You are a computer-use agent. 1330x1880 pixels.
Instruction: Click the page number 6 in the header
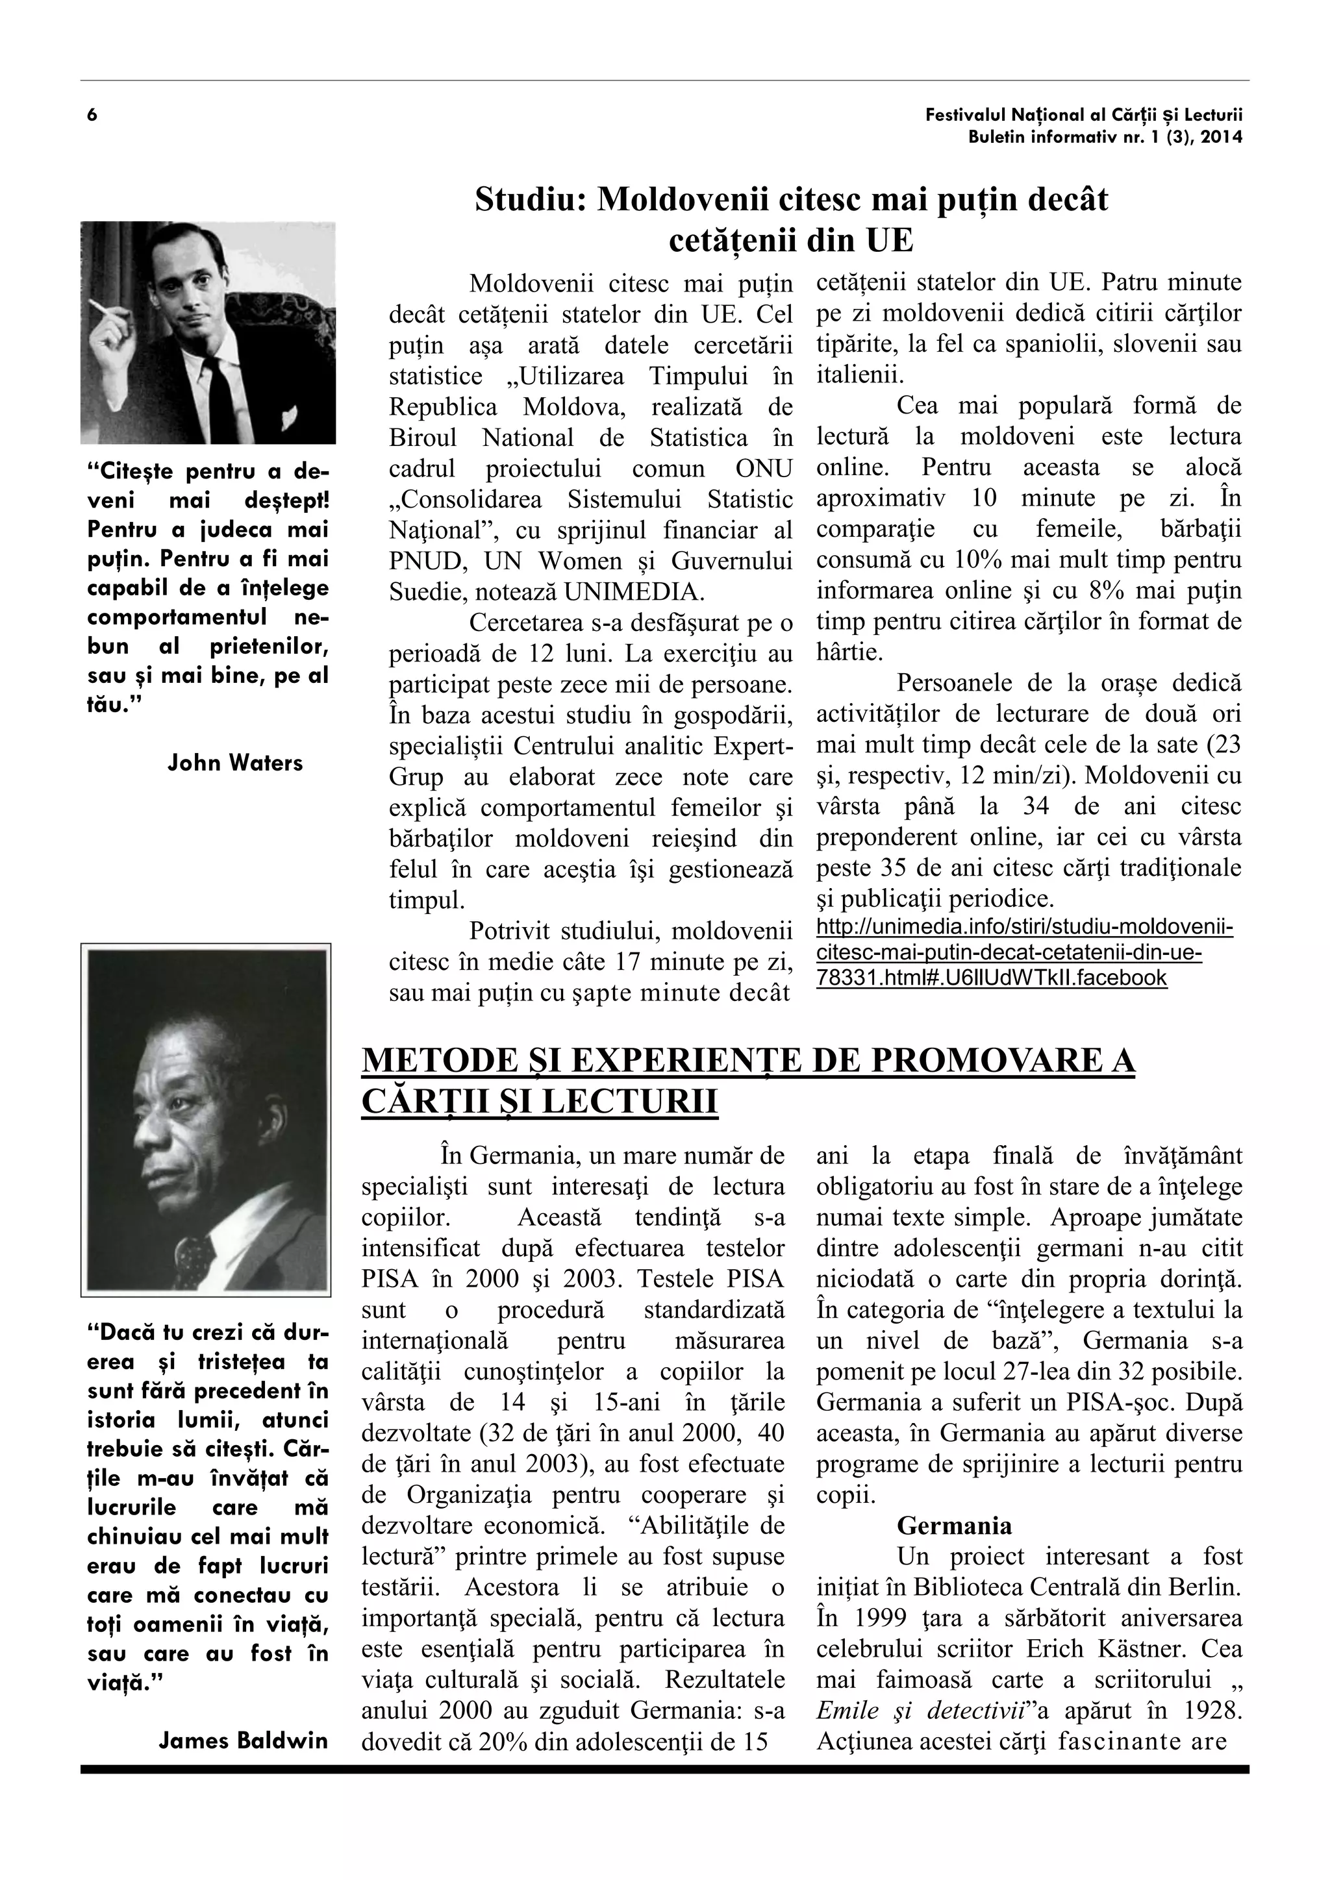pos(92,115)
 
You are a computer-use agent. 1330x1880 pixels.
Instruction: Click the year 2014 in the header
pos(1223,138)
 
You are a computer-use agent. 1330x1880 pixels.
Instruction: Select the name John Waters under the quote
pos(235,763)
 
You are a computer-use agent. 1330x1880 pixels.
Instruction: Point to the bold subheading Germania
pos(954,1526)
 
